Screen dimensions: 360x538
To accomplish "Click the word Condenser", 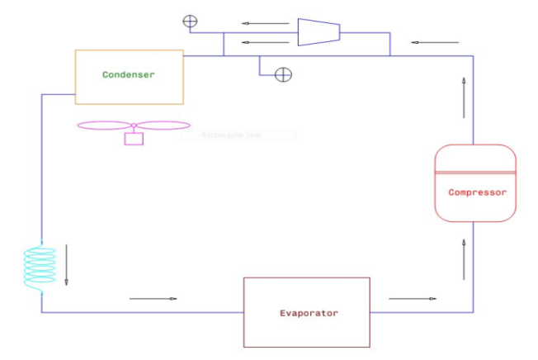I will coord(129,75).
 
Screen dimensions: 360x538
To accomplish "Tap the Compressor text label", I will coord(477,192).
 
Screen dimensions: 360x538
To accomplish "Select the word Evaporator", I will coord(309,313).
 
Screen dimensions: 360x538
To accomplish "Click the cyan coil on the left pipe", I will coord(40,266).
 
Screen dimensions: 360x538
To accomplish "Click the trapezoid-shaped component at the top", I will coord(319,32).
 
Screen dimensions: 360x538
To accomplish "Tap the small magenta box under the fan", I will coord(134,138).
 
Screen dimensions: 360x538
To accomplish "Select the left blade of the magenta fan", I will coord(104,126).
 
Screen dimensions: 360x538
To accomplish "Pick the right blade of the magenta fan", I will coord(163,126).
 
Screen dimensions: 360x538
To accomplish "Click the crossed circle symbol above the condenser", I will coord(190,21).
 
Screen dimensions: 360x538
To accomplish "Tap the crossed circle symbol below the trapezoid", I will coord(283,75).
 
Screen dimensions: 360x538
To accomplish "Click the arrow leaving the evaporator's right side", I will coord(413,298).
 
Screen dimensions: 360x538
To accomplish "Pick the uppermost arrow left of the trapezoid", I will coord(260,23).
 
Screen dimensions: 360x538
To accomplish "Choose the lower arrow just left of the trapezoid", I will coord(260,42).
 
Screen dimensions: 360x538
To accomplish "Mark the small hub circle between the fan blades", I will coord(134,126).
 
